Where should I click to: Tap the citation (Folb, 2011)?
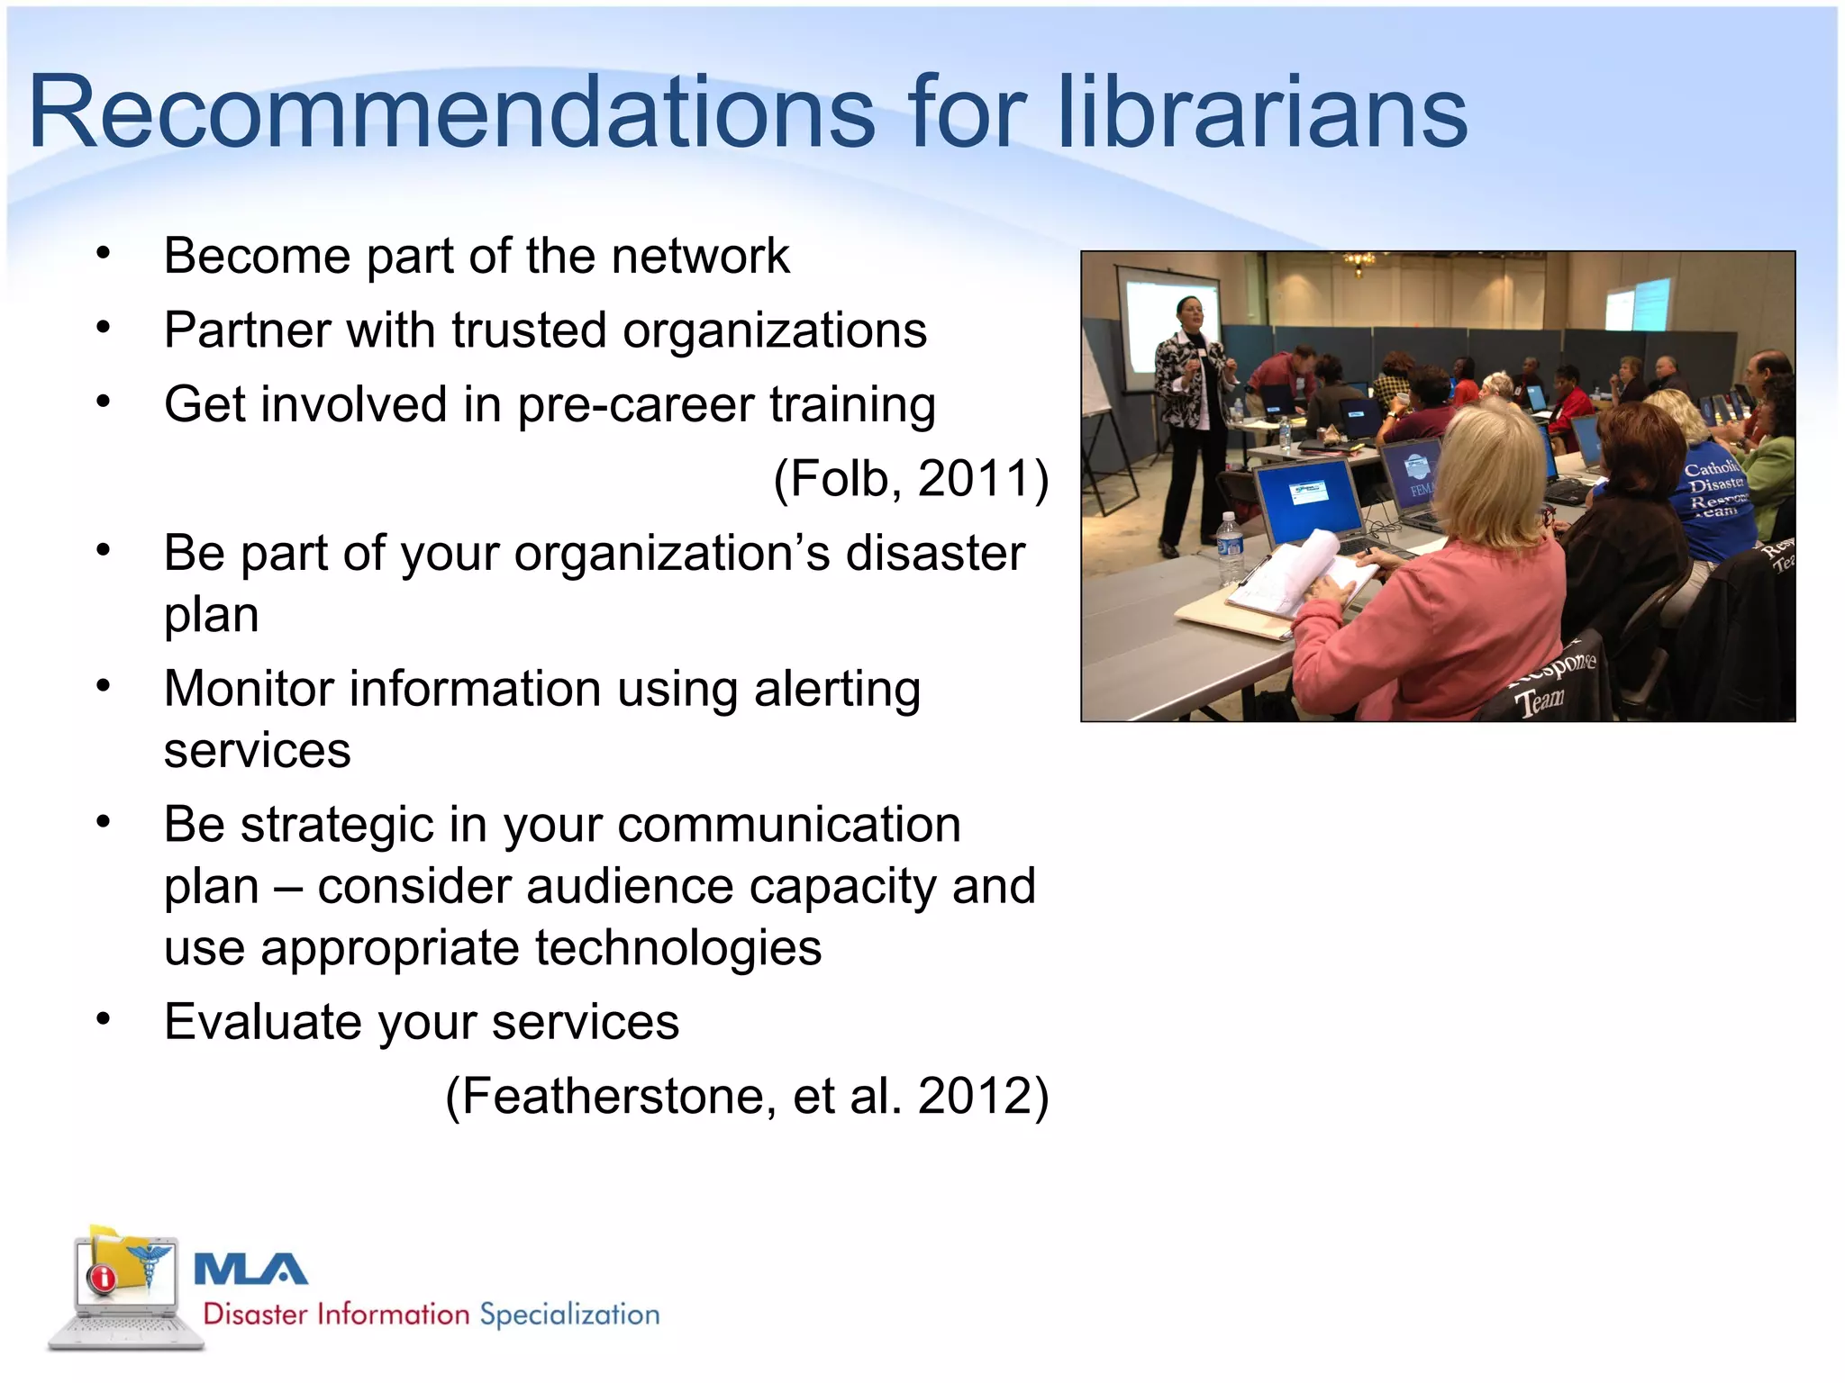point(911,478)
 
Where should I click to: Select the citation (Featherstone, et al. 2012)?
point(747,1096)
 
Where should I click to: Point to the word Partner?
point(247,330)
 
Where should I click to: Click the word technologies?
point(677,948)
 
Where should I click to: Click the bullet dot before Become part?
point(104,255)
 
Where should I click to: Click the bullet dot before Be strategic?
point(104,822)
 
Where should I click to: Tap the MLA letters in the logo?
point(250,1270)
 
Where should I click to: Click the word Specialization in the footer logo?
point(569,1315)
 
